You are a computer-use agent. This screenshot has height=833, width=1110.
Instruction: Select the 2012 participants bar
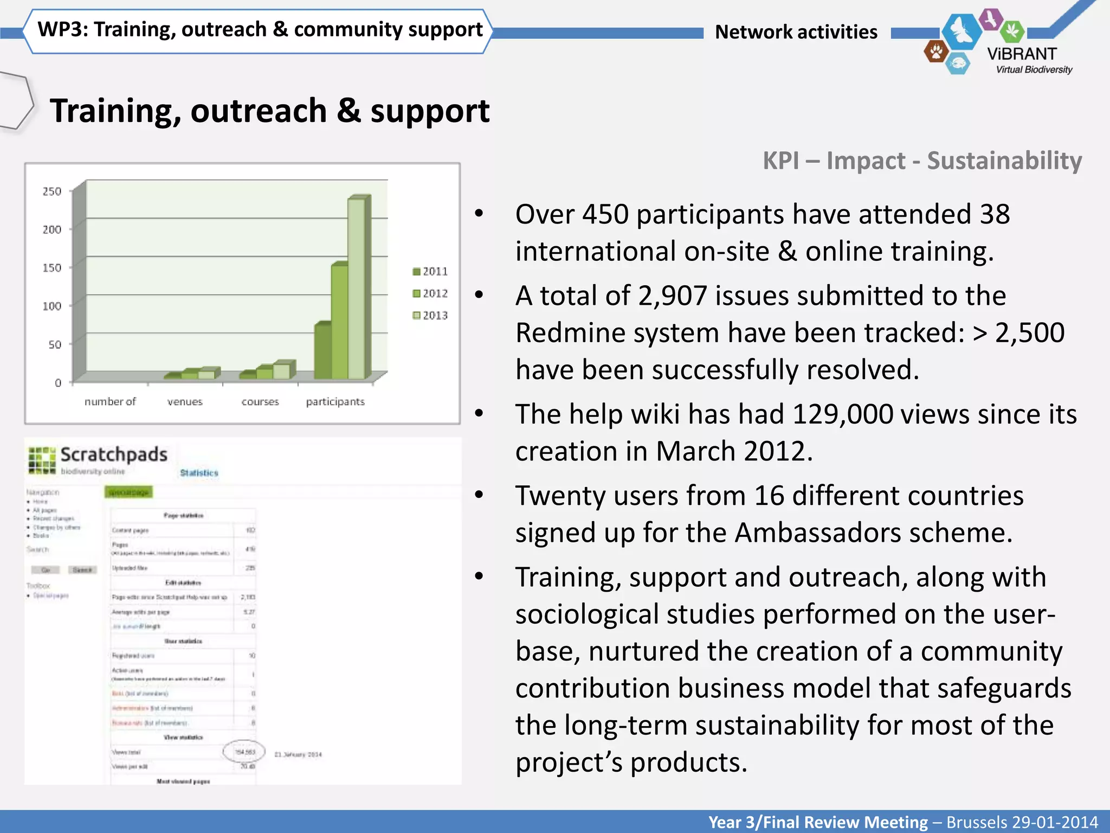(340, 322)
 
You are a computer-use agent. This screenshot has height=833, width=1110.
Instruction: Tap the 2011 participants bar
(323, 351)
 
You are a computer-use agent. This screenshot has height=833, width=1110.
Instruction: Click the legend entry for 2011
(430, 271)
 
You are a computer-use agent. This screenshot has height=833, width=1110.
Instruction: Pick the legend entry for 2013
(430, 315)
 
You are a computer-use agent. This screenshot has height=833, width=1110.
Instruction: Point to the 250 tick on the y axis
(52, 191)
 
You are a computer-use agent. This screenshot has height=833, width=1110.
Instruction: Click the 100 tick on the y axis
(52, 306)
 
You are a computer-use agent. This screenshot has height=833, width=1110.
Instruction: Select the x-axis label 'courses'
(260, 402)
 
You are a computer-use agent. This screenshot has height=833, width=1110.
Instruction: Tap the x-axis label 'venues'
(185, 402)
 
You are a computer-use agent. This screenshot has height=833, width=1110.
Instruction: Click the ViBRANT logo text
(1022, 54)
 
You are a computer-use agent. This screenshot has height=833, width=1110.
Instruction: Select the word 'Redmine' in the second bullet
(579, 333)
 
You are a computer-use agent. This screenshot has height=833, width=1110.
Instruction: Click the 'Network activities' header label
(796, 32)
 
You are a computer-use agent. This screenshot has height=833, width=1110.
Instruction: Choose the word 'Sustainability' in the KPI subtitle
(1004, 161)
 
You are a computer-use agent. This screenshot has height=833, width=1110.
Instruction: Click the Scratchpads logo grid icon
(42, 460)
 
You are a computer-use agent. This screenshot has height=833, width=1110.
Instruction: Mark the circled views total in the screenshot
(244, 752)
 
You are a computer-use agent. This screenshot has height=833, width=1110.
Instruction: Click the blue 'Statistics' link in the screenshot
(199, 473)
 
